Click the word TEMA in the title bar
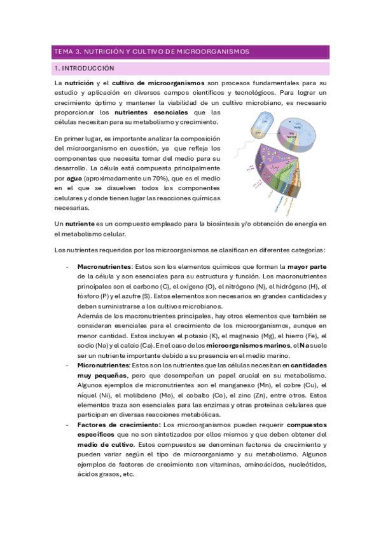pos(64,51)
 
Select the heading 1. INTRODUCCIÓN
pos(84,68)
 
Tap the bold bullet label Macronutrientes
pos(106,266)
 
